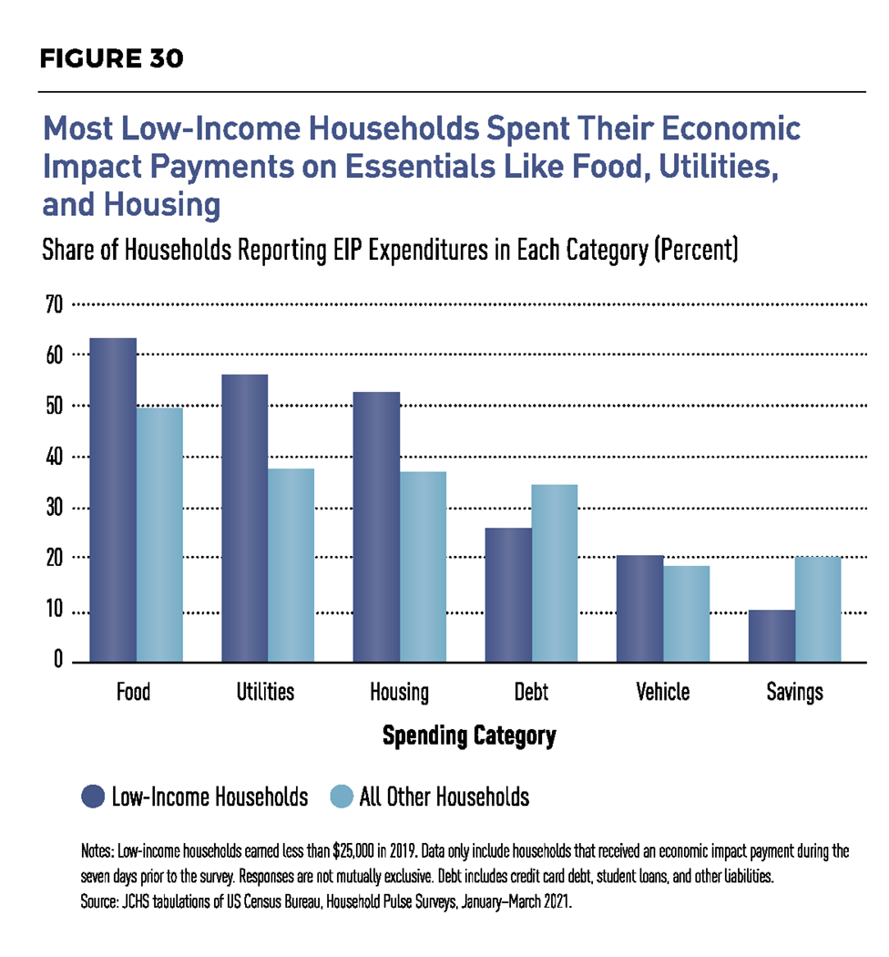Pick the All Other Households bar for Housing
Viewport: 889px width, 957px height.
coord(424,566)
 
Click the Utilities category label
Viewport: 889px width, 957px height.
coord(266,692)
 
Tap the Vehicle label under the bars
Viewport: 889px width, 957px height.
coord(662,692)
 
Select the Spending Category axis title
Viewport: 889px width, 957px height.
coord(468,736)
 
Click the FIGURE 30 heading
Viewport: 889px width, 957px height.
coord(112,59)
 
